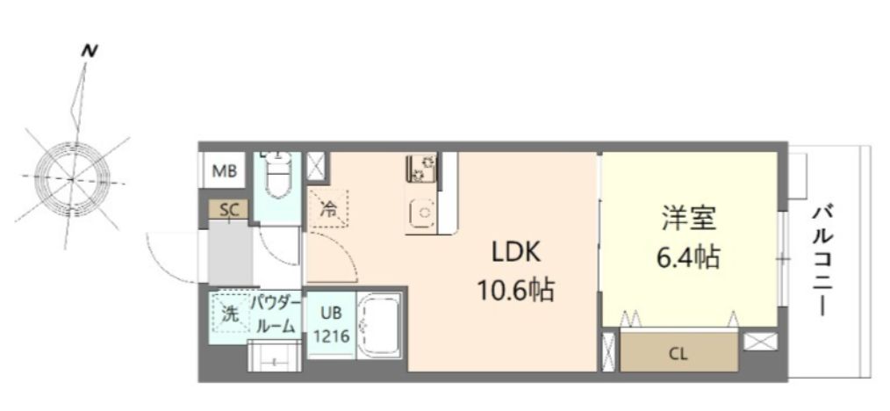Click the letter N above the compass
point(89,51)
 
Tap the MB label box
point(225,170)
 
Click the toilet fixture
point(277,180)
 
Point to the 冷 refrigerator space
point(328,209)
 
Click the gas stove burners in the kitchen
point(421,168)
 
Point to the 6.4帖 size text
point(689,256)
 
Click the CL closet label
point(678,354)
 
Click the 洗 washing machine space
point(229,314)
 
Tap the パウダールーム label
point(276,314)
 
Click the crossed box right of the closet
point(757,342)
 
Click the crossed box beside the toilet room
point(315,167)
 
